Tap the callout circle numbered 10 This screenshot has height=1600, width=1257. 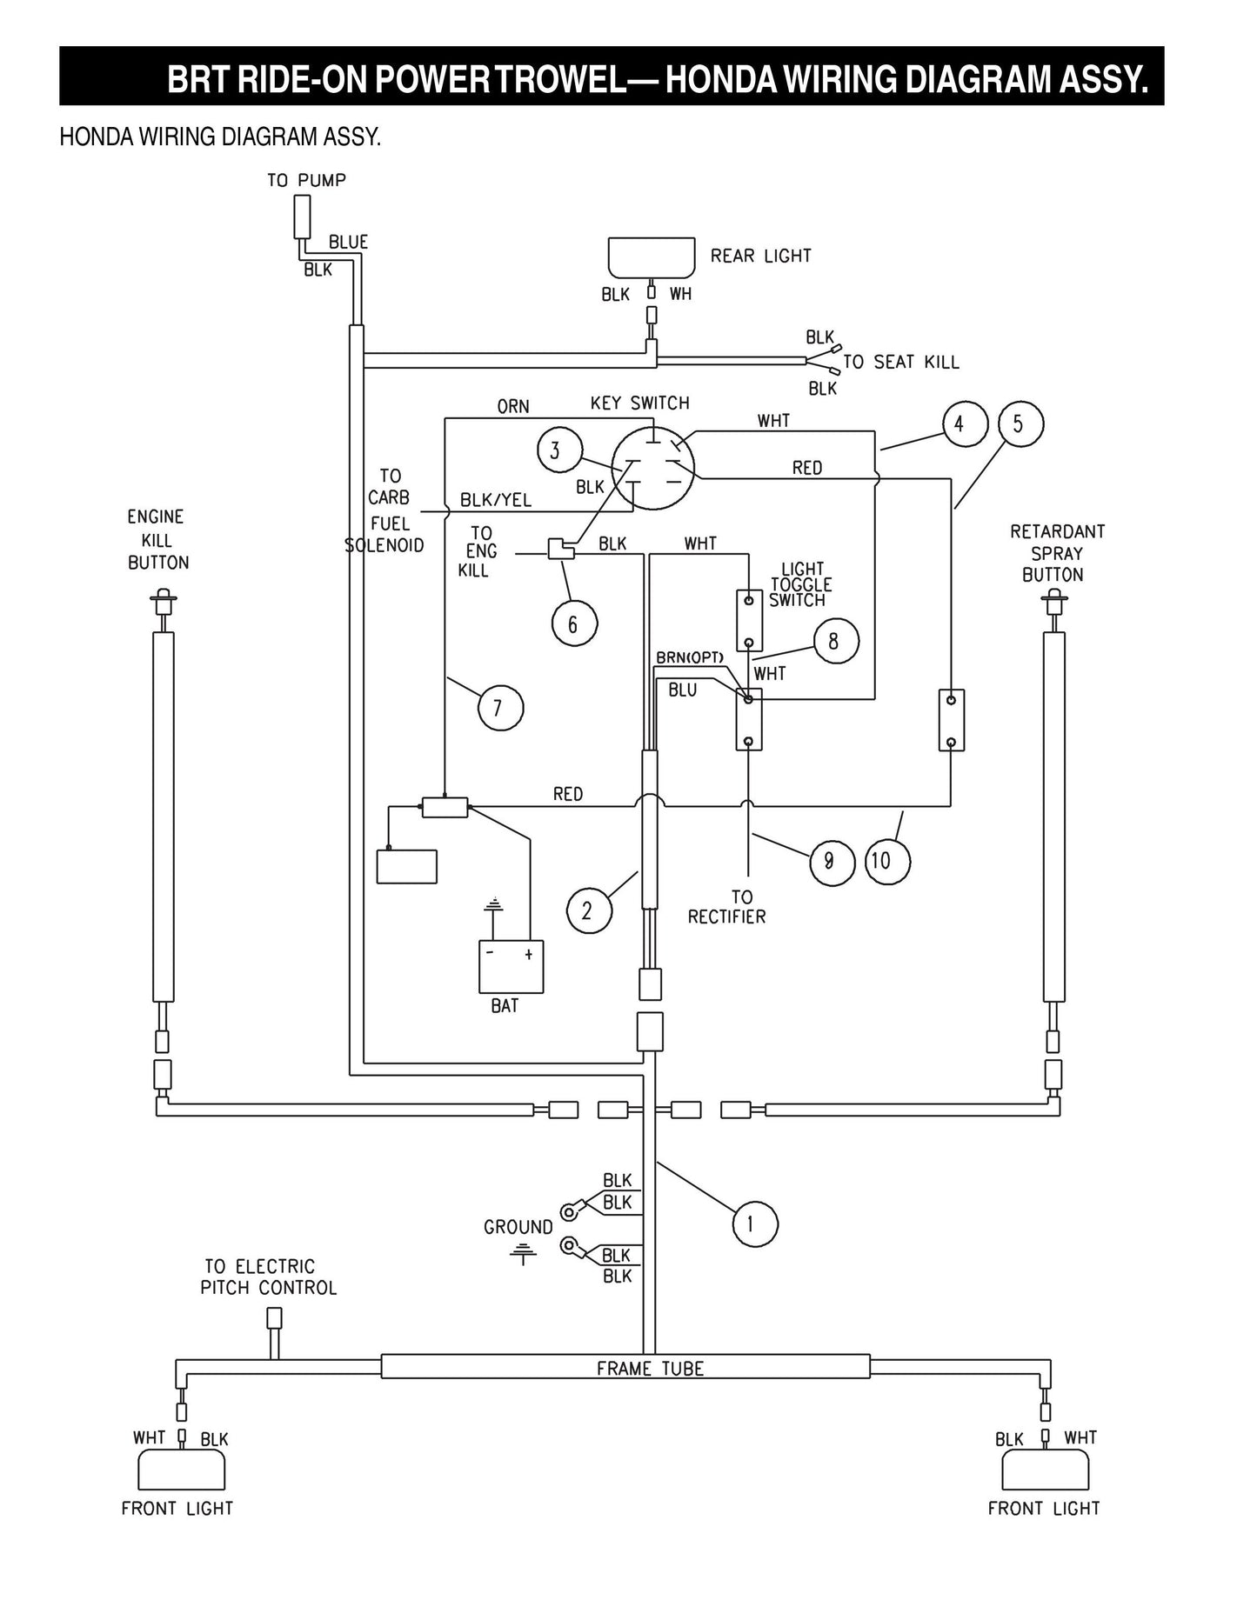point(886,861)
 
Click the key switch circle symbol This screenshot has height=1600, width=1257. point(652,467)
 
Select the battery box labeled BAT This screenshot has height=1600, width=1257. point(511,966)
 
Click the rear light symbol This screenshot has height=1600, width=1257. point(652,257)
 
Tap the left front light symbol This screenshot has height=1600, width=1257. point(182,1470)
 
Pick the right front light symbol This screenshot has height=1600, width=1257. point(1045,1470)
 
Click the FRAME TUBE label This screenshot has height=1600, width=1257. point(650,1369)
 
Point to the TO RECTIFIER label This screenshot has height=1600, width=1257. point(727,907)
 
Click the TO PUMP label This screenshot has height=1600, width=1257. point(306,180)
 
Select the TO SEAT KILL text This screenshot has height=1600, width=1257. point(901,362)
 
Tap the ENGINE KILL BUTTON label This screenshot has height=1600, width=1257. point(157,539)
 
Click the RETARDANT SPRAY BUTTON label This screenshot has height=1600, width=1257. point(1056,552)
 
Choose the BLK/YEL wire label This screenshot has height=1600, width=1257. point(495,500)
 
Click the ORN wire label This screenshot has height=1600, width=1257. point(512,406)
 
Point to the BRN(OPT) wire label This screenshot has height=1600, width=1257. point(689,658)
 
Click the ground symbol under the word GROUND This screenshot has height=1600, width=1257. point(523,1253)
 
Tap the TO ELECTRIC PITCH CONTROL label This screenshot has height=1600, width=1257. point(268,1277)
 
